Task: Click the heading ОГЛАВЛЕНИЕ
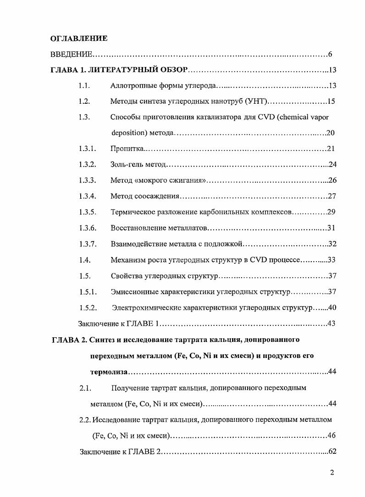78,38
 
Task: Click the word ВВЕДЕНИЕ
71,55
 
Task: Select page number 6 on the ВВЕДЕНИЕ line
330,55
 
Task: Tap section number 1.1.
84,86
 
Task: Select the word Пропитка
127,149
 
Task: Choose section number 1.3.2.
87,164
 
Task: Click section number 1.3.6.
87,228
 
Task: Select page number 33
332,259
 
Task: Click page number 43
332,323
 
